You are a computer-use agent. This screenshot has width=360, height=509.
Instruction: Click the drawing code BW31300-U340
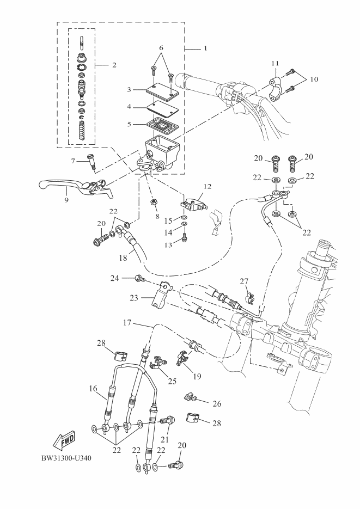click(66, 458)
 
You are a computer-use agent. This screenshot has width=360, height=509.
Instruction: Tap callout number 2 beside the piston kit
click(114, 65)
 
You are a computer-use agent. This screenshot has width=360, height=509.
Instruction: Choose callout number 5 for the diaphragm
click(129, 124)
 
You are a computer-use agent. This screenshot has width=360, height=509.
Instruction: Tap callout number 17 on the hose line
click(126, 323)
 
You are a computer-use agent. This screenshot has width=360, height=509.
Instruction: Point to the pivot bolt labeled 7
click(92, 161)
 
